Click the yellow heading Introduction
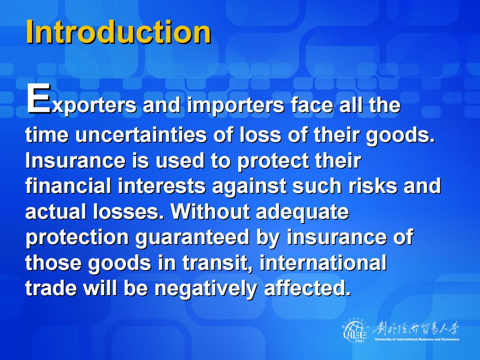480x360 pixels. (119, 32)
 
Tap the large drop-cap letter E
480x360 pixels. (39, 98)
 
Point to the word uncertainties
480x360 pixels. (141, 135)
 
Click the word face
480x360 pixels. (312, 105)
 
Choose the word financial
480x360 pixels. (68, 186)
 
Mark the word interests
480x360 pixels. (161, 186)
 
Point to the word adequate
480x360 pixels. (302, 212)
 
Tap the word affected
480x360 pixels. (307, 288)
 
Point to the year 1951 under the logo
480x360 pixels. (360, 341)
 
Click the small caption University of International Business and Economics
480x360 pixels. (417, 339)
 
